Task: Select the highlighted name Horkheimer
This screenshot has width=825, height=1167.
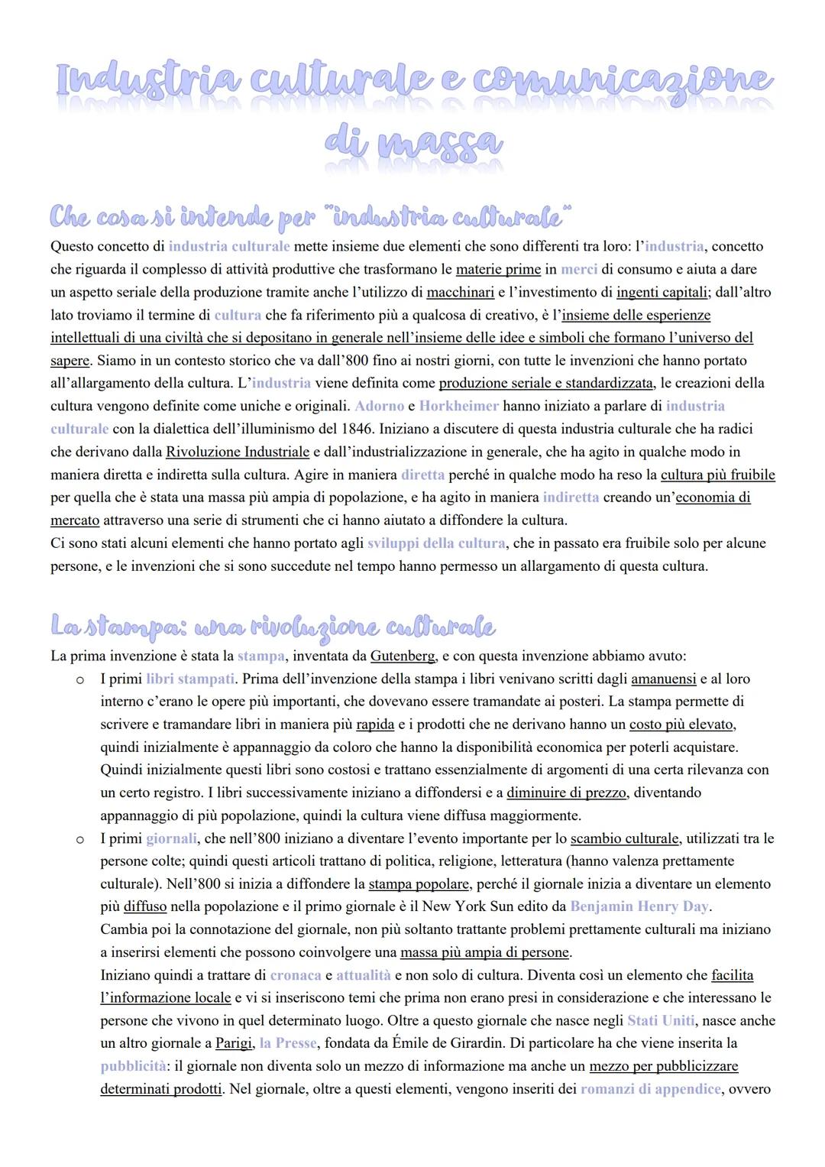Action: (458, 406)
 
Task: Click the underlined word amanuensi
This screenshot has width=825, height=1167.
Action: (663, 679)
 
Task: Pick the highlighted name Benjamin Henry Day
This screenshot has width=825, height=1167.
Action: (639, 906)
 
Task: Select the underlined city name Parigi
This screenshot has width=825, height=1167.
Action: (234, 1043)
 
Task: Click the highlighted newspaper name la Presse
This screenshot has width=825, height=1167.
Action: (287, 1043)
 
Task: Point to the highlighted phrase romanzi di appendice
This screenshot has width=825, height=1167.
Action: (650, 1089)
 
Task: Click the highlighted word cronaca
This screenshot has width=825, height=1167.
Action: (296, 975)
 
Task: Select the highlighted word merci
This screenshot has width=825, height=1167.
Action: (578, 270)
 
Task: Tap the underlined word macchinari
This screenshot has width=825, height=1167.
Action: (460, 293)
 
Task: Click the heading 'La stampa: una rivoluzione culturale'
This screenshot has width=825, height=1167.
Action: (273, 627)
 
